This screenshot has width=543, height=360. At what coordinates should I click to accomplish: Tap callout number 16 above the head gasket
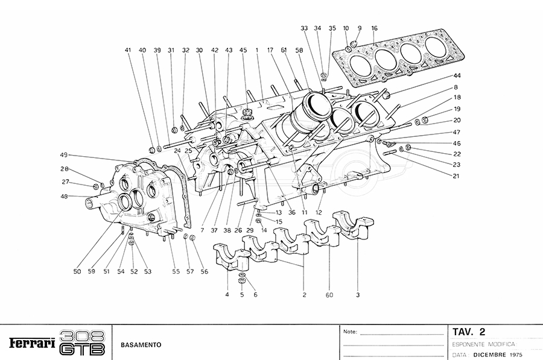click(375, 28)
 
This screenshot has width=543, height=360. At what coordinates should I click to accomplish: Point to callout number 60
click(330, 295)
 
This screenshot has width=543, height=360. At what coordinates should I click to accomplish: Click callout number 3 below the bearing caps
click(358, 295)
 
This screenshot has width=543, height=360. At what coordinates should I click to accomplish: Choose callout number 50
click(77, 272)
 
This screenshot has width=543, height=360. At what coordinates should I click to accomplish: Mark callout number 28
click(65, 169)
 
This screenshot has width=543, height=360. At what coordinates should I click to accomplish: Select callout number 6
click(255, 295)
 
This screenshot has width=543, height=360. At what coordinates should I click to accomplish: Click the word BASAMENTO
click(140, 344)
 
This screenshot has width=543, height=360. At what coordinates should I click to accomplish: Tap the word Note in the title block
click(350, 332)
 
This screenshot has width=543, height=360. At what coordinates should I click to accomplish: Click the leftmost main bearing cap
click(232, 256)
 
